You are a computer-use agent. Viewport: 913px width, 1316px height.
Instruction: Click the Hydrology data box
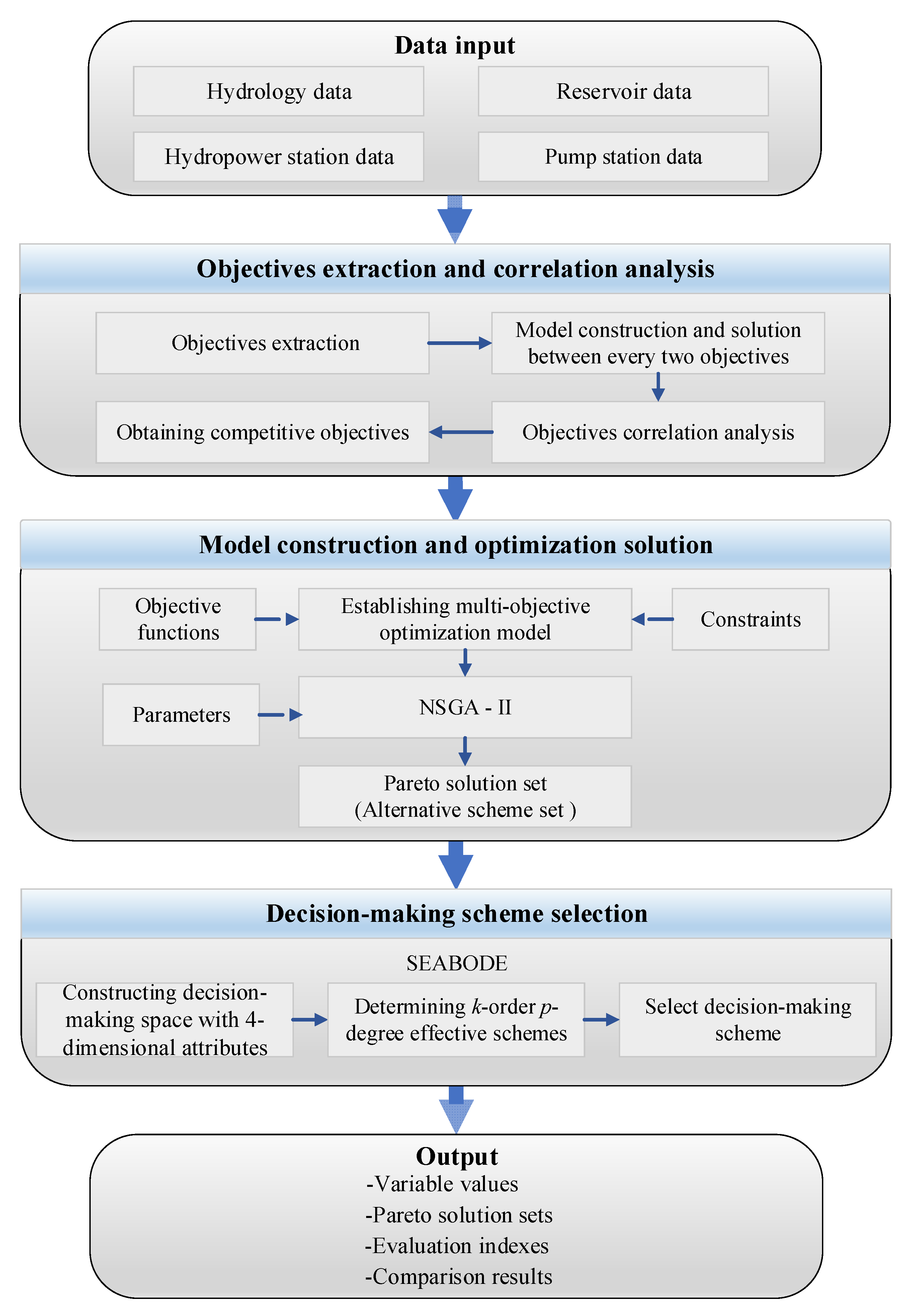[x=278, y=91]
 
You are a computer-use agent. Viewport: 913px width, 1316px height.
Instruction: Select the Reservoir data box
[x=623, y=91]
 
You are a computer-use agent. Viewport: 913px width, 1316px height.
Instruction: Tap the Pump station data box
[x=623, y=157]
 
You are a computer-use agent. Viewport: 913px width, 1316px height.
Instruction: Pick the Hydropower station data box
[x=278, y=157]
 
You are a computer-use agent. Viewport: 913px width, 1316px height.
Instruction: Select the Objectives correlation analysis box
[x=658, y=432]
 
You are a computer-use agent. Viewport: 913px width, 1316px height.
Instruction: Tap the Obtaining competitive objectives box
[x=263, y=432]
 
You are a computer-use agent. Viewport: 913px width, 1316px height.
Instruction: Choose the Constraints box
[x=750, y=619]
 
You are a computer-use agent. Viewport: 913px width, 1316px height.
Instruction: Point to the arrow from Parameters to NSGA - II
[x=279, y=715]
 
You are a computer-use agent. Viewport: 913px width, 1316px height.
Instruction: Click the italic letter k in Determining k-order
[x=476, y=1006]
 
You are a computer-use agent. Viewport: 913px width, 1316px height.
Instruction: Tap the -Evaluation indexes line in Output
[x=456, y=1246]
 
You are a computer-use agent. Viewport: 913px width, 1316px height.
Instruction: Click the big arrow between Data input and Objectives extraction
[x=455, y=220]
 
